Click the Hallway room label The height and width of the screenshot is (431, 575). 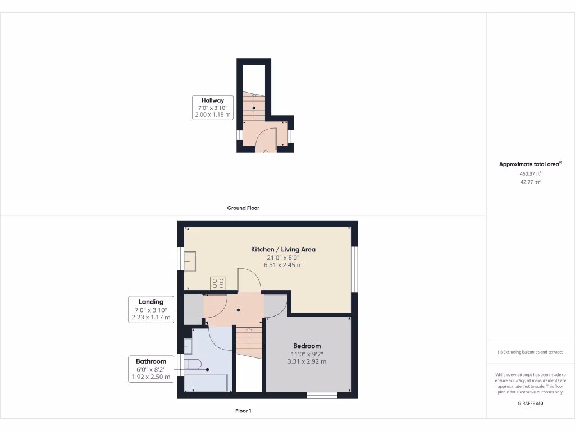[x=213, y=100]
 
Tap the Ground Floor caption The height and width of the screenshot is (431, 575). [x=243, y=208]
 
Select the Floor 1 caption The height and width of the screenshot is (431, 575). [x=243, y=411]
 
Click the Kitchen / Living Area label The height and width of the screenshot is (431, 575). [x=283, y=249]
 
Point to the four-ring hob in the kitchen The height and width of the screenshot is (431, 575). [x=218, y=283]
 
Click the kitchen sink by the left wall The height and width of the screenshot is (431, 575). [x=189, y=261]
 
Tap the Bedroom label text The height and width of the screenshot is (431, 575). [x=307, y=346]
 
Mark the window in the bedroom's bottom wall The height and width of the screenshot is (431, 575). [x=322, y=395]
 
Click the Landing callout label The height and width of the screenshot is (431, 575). [x=151, y=302]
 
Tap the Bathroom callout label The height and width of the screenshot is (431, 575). [x=151, y=361]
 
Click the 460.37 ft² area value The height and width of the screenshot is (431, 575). [x=530, y=174]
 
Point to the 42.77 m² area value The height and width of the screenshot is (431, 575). [x=530, y=182]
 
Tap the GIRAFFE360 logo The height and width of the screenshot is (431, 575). [x=530, y=404]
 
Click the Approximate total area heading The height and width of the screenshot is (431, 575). [x=530, y=164]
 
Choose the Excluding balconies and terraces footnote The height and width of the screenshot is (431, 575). [x=530, y=352]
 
